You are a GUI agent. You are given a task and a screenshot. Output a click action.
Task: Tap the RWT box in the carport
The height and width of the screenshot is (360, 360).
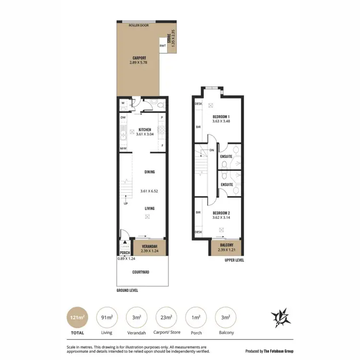click(x=162, y=46)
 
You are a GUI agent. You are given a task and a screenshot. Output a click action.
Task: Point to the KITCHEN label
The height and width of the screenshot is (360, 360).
click(x=144, y=130)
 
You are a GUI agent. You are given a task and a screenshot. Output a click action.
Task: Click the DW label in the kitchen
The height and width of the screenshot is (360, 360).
click(x=123, y=117)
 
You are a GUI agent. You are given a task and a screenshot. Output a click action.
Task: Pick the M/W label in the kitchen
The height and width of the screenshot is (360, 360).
click(x=123, y=148)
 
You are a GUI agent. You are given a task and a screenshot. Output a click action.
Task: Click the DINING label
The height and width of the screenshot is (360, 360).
click(x=150, y=171)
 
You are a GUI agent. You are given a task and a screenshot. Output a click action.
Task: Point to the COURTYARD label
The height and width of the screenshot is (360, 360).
click(x=141, y=272)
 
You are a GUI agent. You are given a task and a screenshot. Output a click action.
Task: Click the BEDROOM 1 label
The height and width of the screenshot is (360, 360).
click(x=221, y=117)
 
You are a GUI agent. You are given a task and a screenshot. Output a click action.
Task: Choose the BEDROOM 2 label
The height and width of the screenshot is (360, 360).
click(x=221, y=213)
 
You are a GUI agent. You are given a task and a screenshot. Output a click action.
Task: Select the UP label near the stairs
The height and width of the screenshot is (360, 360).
click(x=126, y=204)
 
